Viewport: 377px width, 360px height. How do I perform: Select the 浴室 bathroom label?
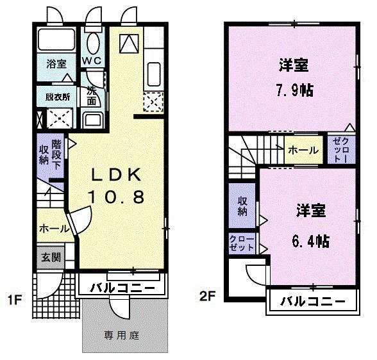[56, 64]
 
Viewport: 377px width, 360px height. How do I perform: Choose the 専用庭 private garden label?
[122, 334]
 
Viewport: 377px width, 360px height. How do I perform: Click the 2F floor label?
[206, 296]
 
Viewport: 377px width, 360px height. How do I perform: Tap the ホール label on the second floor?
[303, 151]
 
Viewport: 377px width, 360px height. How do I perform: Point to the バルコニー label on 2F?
[309, 301]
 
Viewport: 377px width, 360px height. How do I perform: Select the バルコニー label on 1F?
[122, 286]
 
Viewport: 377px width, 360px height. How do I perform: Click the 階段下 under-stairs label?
[57, 154]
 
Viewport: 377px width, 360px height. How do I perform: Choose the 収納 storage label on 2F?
[243, 205]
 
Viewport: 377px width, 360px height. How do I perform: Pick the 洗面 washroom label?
[92, 97]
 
